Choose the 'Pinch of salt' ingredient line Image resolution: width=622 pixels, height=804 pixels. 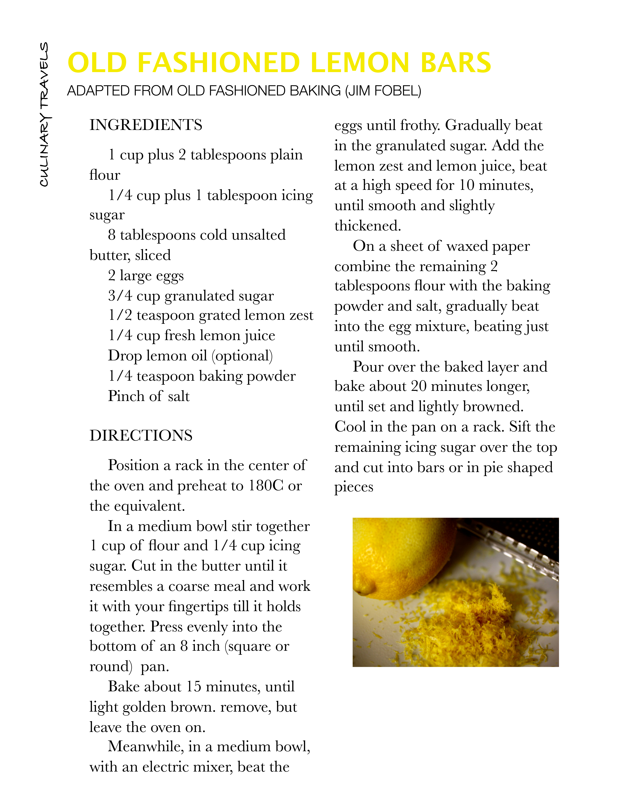(x=148, y=396)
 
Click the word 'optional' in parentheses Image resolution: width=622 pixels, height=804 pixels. (x=242, y=356)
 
